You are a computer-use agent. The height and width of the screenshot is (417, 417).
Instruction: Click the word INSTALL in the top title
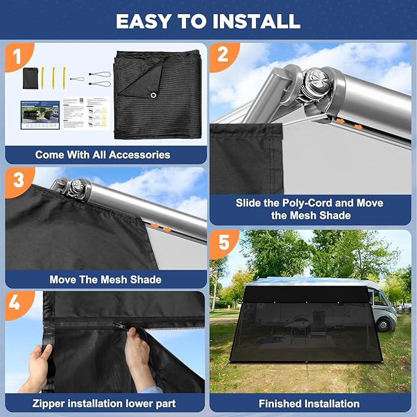pyautogui.click(x=254, y=20)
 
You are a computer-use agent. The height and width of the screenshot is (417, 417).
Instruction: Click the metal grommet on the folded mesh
pyautogui.click(x=150, y=95)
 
